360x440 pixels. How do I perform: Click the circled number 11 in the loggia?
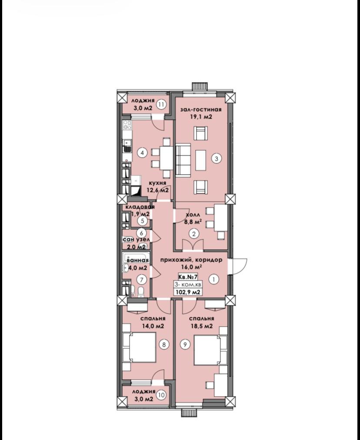tap(162, 105)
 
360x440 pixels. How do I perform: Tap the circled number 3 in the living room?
tap(217, 159)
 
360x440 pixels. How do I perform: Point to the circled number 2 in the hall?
tap(194, 233)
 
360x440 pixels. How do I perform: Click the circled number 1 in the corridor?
tap(214, 279)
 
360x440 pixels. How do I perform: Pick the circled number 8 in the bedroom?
tap(164, 344)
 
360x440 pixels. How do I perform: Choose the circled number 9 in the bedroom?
tap(185, 344)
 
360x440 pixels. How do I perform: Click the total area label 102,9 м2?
tap(188, 292)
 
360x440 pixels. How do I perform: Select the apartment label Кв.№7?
tap(188, 277)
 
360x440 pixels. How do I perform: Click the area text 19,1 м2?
tap(201, 117)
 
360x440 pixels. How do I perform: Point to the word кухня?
tap(157, 183)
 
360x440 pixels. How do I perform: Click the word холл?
tap(193, 215)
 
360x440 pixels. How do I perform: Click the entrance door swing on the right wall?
tap(238, 266)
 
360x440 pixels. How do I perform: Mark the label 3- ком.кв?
tap(188, 285)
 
